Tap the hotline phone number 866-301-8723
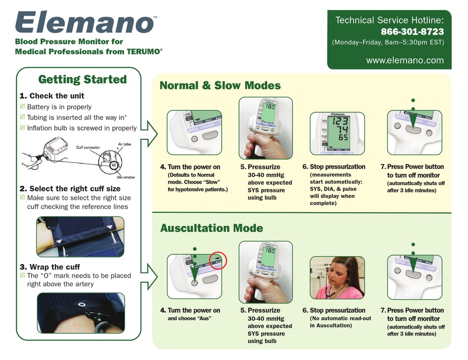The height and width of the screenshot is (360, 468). point(412,32)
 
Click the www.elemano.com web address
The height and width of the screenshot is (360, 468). point(405,61)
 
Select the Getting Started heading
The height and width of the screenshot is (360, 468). point(82,79)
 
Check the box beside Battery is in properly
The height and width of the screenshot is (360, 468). point(22,107)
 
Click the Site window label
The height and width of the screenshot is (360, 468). point(126,177)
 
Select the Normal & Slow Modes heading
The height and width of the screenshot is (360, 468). point(220,86)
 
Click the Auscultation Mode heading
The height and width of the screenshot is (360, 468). point(211,229)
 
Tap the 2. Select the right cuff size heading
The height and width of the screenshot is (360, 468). point(69,189)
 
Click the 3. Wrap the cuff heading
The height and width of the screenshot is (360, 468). point(49,267)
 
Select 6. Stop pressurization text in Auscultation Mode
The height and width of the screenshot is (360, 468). point(334,311)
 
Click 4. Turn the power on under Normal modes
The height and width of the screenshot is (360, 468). point(190,167)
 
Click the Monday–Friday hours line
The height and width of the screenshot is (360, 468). point(388,42)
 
